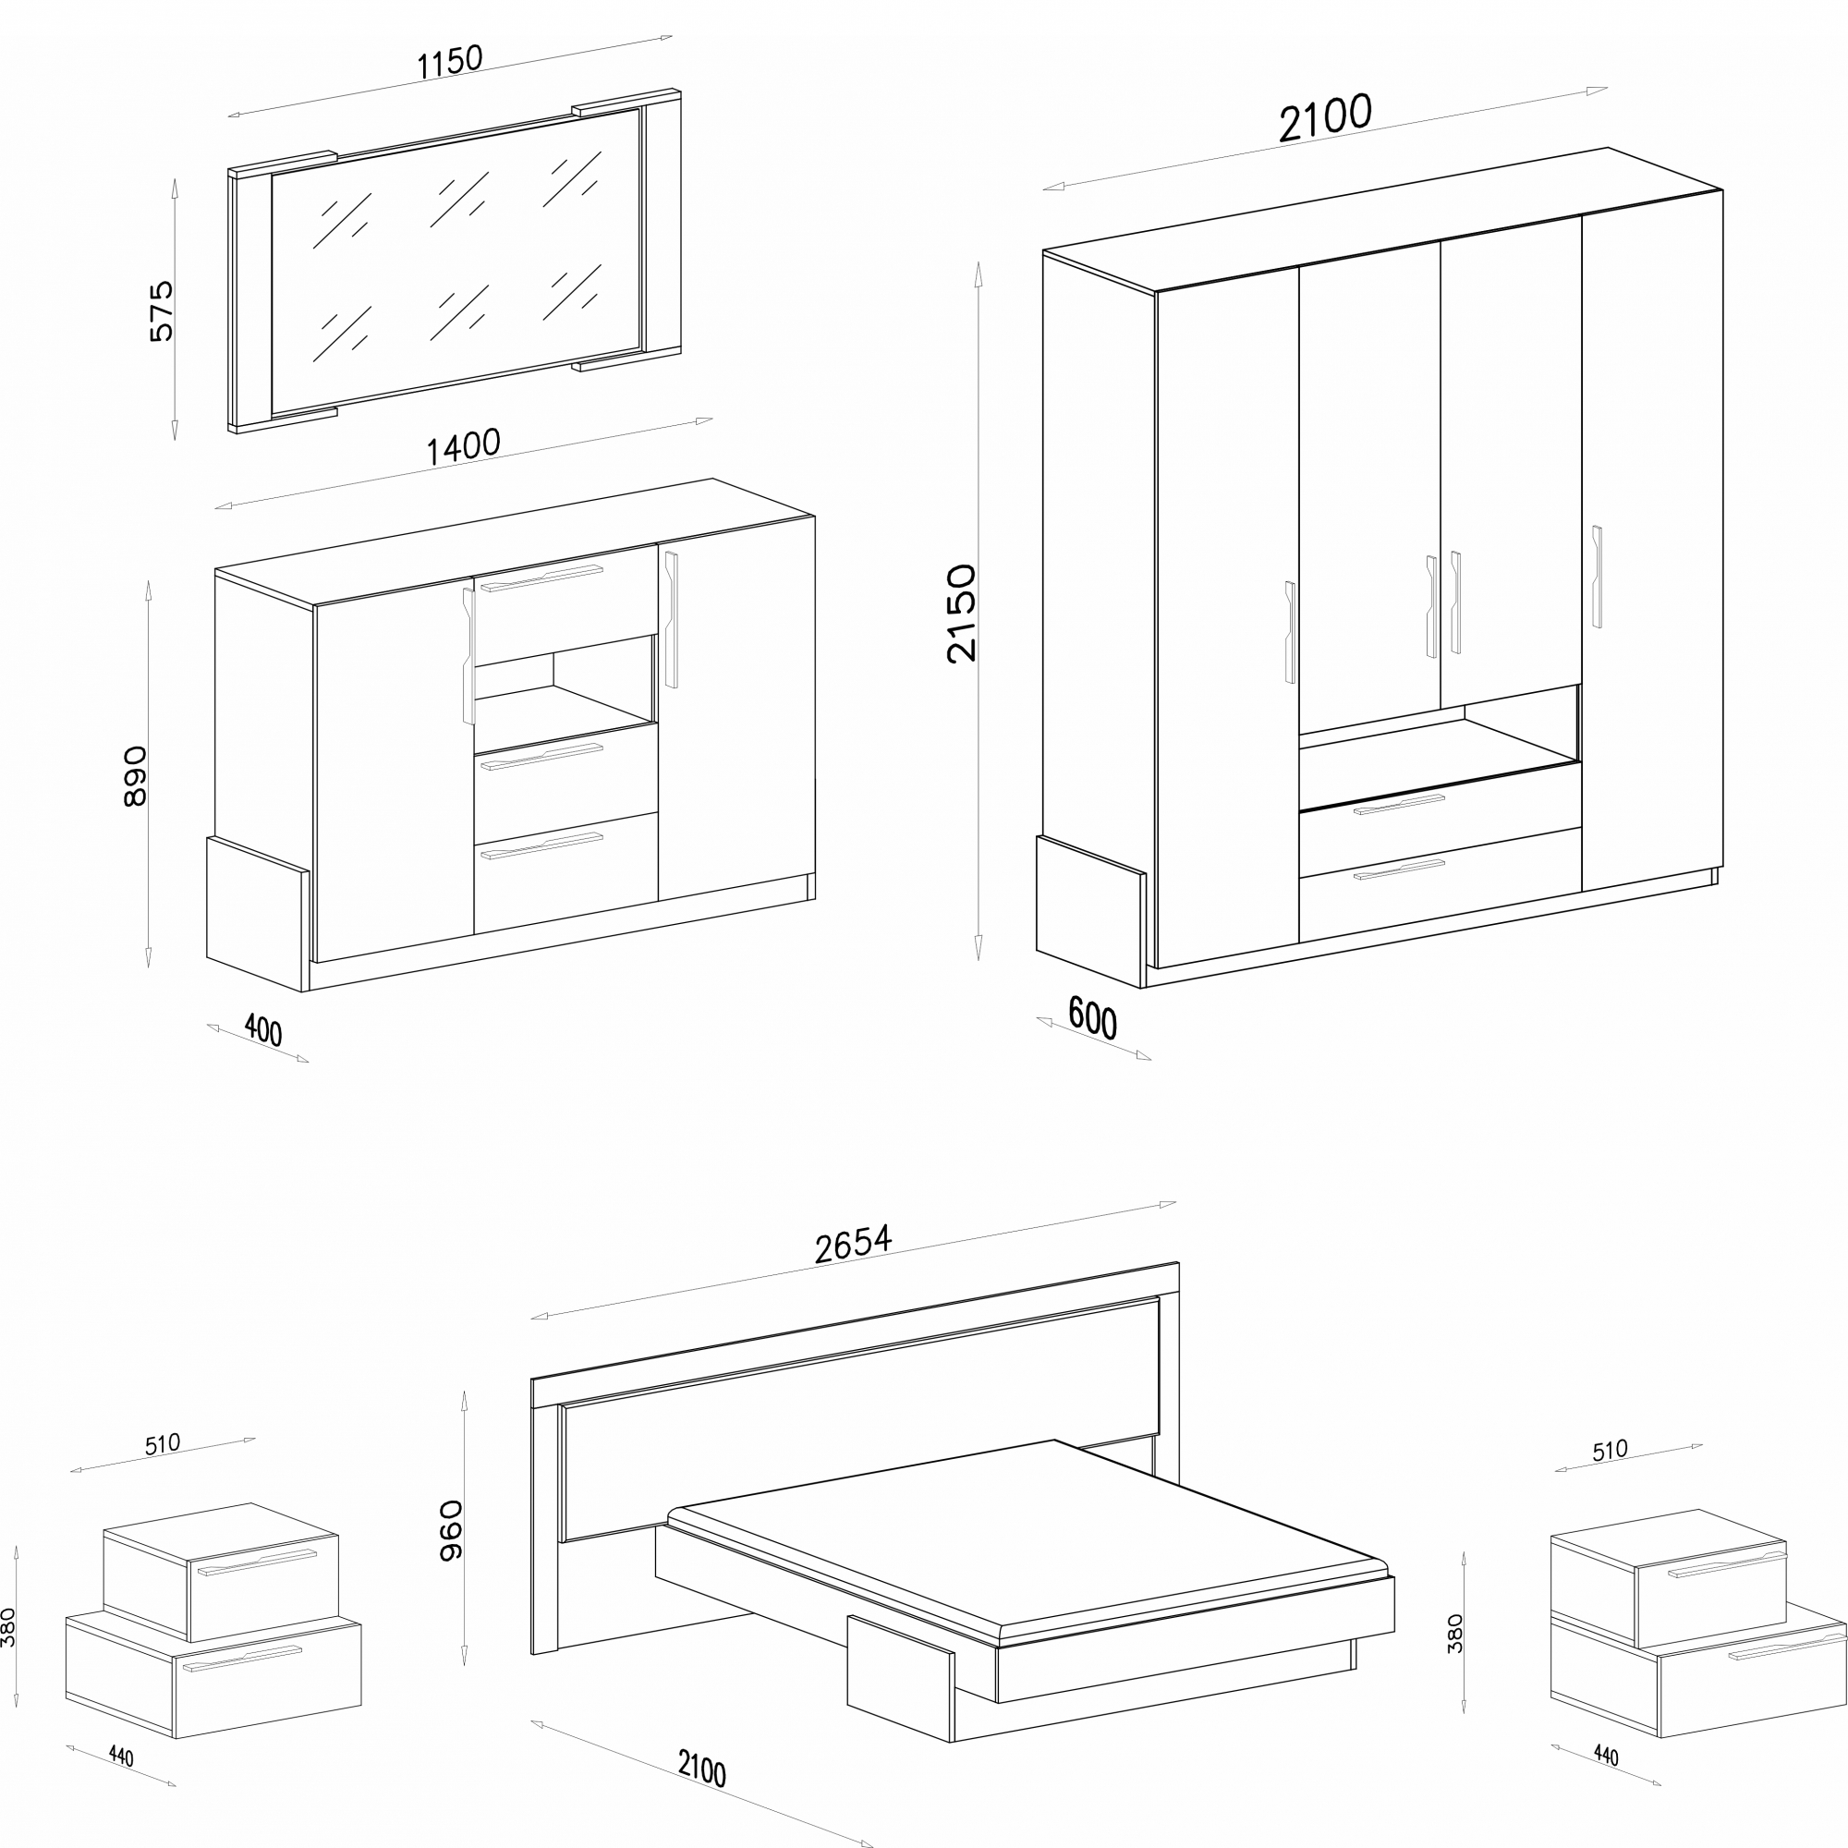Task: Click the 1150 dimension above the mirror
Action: click(x=450, y=61)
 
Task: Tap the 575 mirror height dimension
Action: click(x=162, y=310)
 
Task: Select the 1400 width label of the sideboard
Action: click(x=463, y=446)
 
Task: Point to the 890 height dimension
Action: click(x=136, y=776)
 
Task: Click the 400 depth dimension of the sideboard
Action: click(x=263, y=1030)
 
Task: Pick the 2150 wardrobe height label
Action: click(x=961, y=614)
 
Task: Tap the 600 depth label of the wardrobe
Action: click(x=1092, y=1017)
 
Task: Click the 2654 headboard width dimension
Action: click(x=853, y=1244)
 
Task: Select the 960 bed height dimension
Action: click(x=451, y=1530)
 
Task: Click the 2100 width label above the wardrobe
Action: click(x=1326, y=117)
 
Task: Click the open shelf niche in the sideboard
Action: click(x=565, y=680)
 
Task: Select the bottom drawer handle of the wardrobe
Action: click(x=1399, y=869)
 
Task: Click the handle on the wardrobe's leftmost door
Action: click(x=1290, y=632)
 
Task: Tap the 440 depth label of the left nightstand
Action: click(x=120, y=1757)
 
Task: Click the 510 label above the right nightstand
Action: click(x=1610, y=1451)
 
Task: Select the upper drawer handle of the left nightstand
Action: click(x=256, y=1562)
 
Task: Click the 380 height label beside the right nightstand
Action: click(x=1456, y=1634)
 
